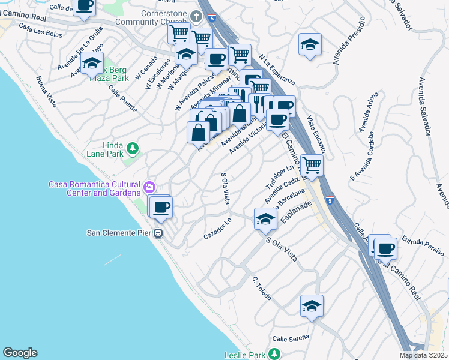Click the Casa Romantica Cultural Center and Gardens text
click(x=95, y=188)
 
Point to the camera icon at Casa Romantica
click(x=148, y=188)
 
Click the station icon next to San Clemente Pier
click(x=159, y=233)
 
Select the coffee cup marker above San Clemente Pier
click(x=160, y=208)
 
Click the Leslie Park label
click(x=245, y=354)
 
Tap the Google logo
click(x=20, y=353)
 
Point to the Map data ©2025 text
click(x=423, y=355)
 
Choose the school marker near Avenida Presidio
click(x=310, y=44)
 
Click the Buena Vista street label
click(x=46, y=92)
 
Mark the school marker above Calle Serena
click(x=312, y=305)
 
